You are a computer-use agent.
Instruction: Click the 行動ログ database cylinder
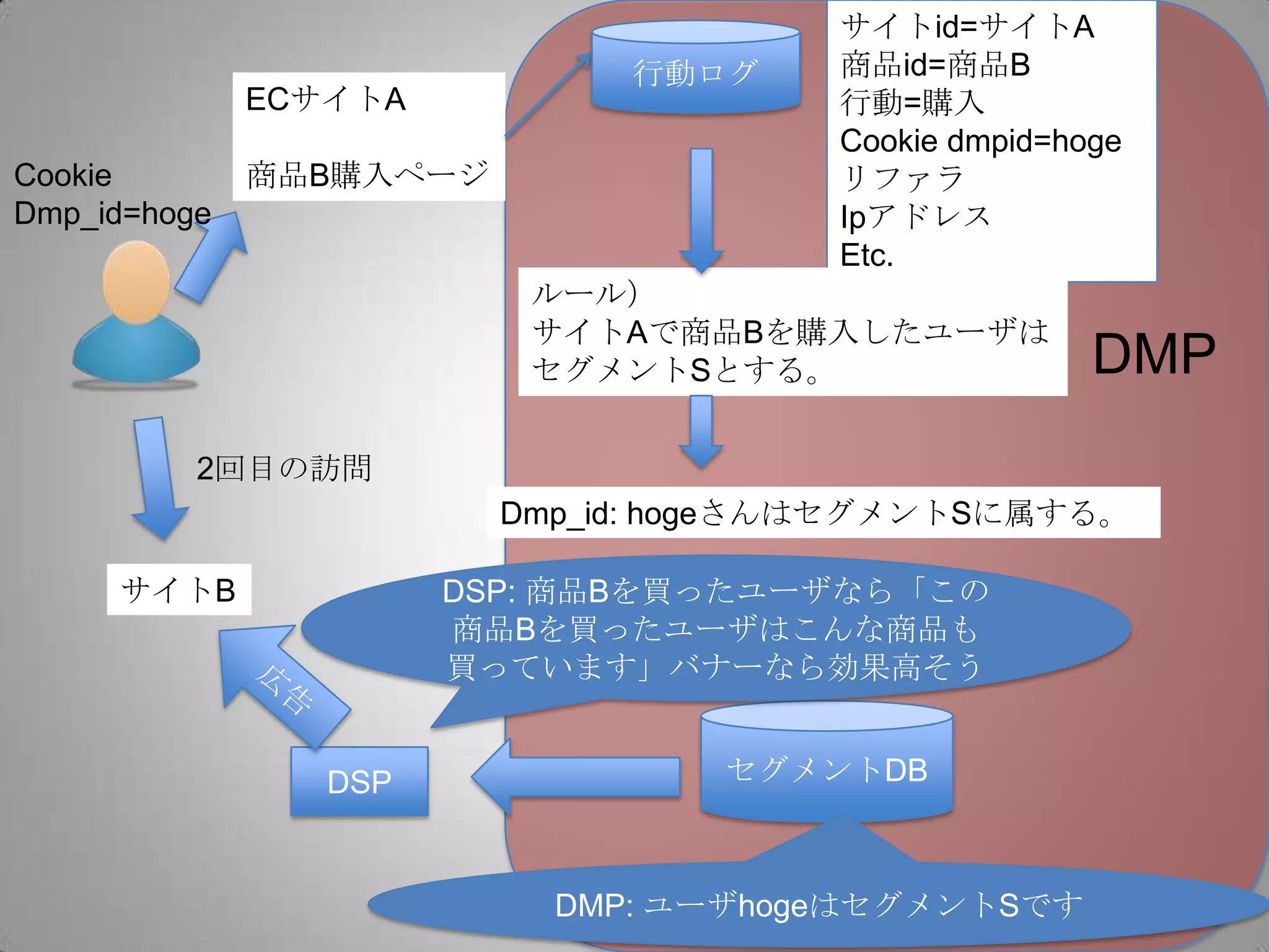click(x=695, y=68)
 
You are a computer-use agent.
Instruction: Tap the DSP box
click(x=359, y=782)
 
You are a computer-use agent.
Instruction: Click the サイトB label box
click(x=178, y=589)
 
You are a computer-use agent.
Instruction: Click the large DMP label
click(x=1154, y=355)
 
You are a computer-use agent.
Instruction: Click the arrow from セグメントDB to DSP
click(x=576, y=777)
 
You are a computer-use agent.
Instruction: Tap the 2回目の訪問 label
click(x=284, y=469)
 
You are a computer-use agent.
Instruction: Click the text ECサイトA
click(x=325, y=99)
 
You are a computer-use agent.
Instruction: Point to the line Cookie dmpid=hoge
click(x=980, y=141)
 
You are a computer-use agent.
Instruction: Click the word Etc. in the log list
click(x=866, y=255)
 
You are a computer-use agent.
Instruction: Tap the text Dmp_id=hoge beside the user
click(x=112, y=214)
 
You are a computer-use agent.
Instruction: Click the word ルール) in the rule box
click(x=584, y=293)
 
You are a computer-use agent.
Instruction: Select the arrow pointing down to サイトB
click(x=156, y=477)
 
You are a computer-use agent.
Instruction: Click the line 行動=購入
click(x=911, y=103)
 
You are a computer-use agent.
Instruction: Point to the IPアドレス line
click(x=915, y=217)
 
